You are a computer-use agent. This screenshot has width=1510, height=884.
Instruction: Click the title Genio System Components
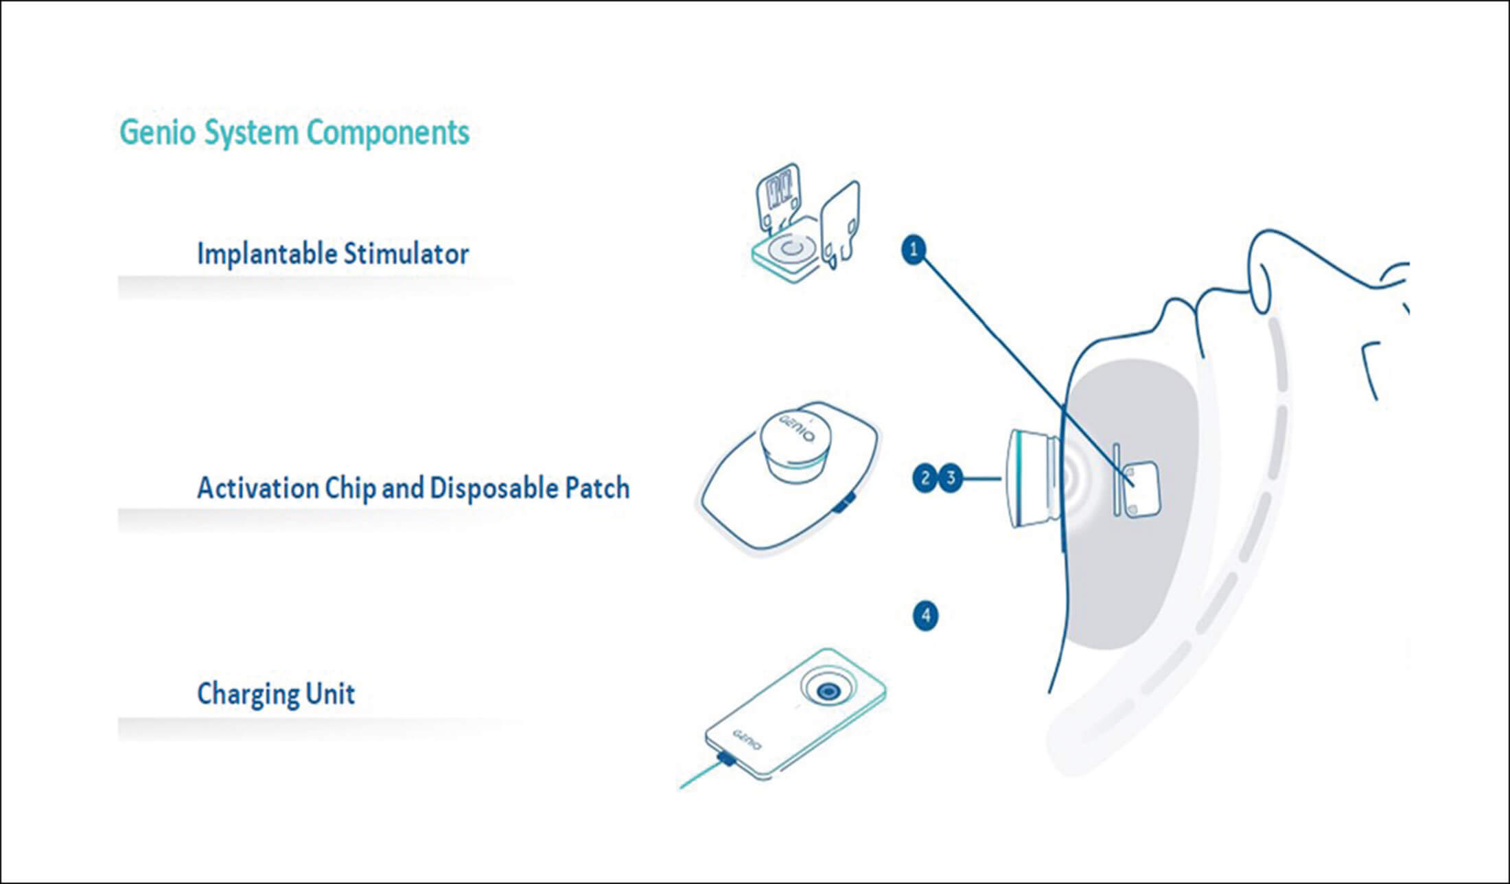tap(294, 132)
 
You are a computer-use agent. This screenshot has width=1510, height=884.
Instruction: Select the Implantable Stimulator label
tap(333, 254)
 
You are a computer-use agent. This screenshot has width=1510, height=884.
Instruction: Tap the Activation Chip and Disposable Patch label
tap(413, 488)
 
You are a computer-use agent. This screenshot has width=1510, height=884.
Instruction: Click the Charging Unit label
tap(276, 693)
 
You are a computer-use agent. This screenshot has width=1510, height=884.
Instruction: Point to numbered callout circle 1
tap(914, 249)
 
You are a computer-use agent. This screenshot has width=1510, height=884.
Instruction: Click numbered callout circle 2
tap(925, 478)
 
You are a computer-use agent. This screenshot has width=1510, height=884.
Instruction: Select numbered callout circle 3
tap(951, 478)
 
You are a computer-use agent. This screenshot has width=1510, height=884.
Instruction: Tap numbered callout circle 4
tap(925, 616)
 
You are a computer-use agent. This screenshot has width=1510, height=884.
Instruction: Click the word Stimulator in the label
tap(406, 254)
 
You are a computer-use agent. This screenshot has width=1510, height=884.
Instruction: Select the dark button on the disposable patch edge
tap(844, 504)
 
